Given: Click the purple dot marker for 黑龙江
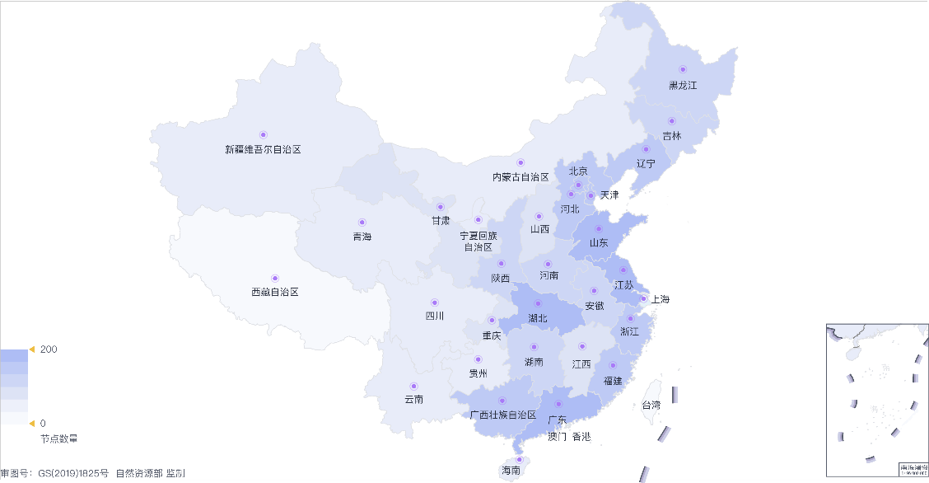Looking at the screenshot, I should (x=682, y=69).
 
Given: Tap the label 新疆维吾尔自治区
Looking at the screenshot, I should (x=263, y=149).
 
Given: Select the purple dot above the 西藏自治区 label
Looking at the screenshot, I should (x=275, y=278).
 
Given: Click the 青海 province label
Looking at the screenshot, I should (x=362, y=237).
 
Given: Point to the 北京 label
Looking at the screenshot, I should (x=578, y=171).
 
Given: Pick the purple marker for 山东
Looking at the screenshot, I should (x=599, y=229).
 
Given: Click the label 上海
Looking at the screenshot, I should (x=660, y=299).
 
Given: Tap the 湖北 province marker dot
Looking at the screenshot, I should (x=539, y=303).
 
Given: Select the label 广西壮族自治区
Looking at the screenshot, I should (x=502, y=415).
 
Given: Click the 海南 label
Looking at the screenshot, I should (x=511, y=471).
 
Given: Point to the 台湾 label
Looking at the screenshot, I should (x=651, y=405).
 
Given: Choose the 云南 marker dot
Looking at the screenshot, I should (x=413, y=386).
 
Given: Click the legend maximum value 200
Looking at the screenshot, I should (x=49, y=349).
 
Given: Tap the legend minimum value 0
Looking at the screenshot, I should (x=43, y=423).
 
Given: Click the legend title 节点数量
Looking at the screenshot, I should (x=59, y=438).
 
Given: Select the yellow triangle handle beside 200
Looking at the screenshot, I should (x=32, y=349).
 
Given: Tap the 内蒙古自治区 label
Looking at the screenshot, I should (x=521, y=176).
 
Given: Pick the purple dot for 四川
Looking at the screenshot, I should (x=435, y=302).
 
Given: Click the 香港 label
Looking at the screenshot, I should (x=581, y=436).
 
